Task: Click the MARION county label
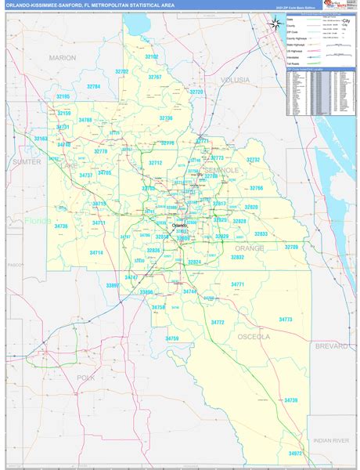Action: (62, 58)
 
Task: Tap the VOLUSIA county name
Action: (235, 80)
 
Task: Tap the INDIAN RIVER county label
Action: (326, 441)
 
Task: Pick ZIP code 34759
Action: (172, 338)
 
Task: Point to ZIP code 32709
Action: (291, 247)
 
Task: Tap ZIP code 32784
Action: (93, 87)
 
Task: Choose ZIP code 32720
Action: (196, 92)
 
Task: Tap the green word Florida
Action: (37, 221)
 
